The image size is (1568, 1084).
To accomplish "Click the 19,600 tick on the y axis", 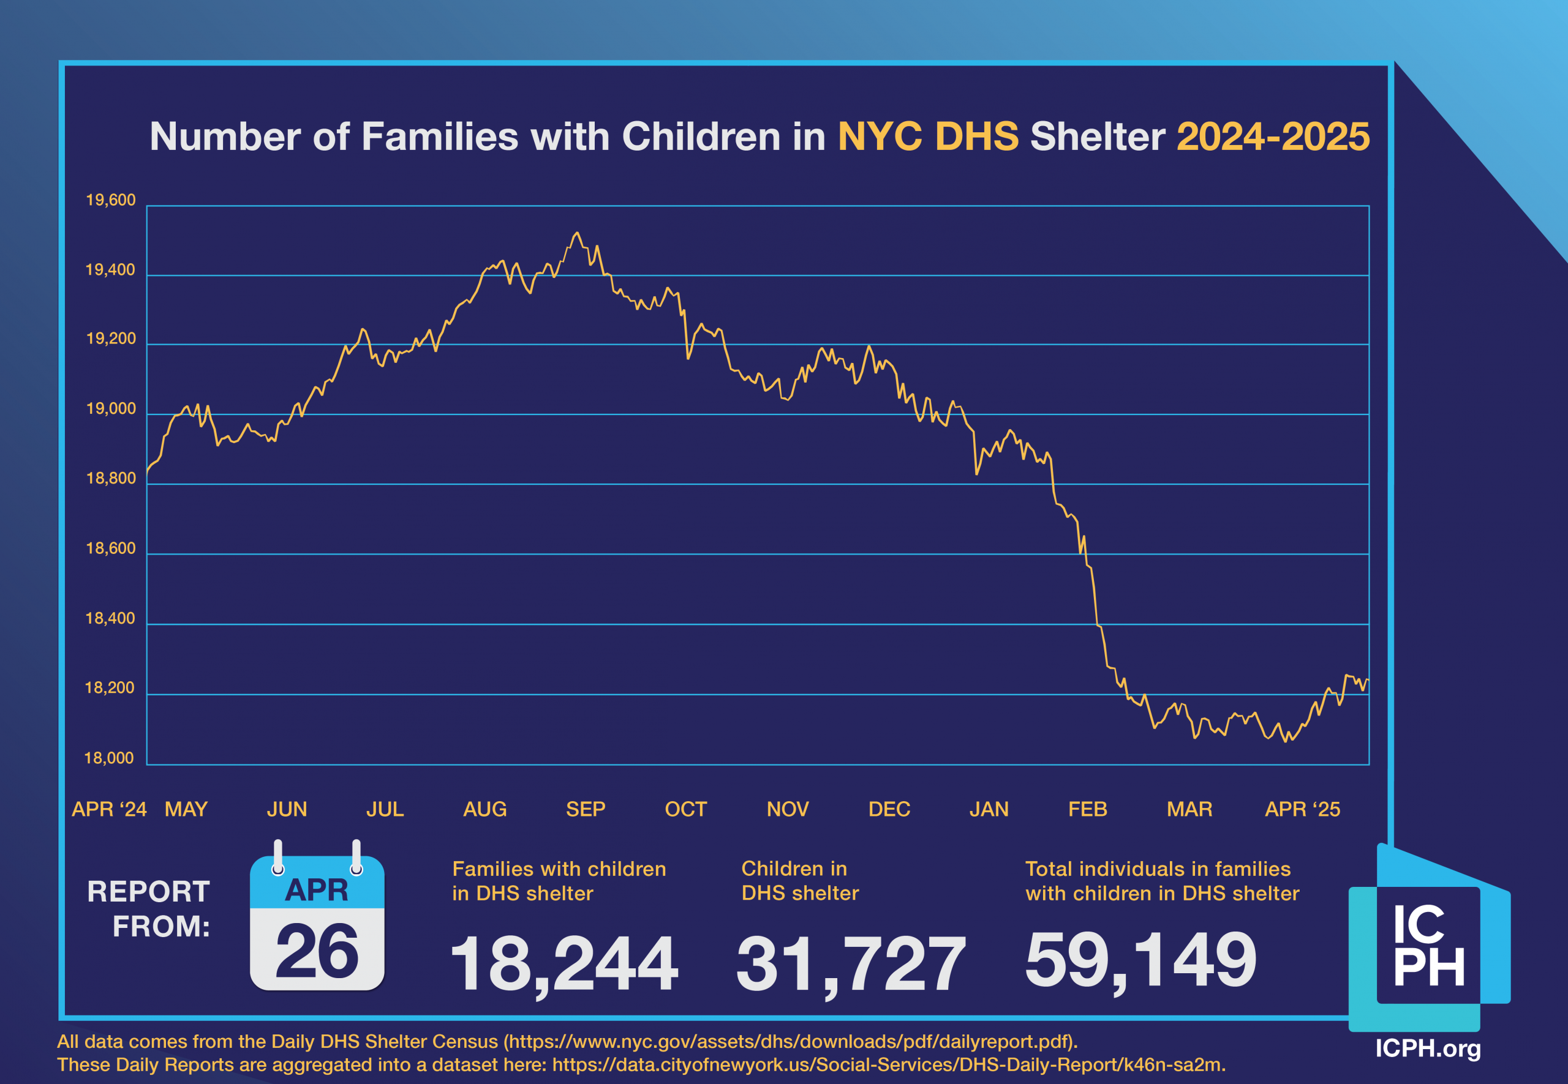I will coord(110,200).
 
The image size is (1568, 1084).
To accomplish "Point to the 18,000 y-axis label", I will coord(109,758).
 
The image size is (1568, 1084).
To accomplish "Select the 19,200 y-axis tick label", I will coord(110,339).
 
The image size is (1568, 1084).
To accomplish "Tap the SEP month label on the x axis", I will coord(585,809).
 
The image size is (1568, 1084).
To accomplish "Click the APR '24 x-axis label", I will coord(109,809).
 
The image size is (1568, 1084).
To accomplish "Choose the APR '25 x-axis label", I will coord(1302,809).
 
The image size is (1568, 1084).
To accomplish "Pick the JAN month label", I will coord(988,809).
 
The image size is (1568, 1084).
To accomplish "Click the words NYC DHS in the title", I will coord(928,136).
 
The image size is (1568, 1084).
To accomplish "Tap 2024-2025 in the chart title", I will coord(1272,136).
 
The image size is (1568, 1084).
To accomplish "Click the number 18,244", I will coord(563,963).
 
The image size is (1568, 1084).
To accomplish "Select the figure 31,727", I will coord(850,963).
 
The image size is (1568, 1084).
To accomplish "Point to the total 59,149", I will coord(1140,959).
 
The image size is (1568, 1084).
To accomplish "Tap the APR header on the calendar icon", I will coord(317,890).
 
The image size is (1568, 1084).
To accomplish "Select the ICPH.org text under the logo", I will coord(1427,1048).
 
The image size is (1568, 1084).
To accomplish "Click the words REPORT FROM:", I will coord(149,909).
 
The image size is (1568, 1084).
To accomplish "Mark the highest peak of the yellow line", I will coord(577,233).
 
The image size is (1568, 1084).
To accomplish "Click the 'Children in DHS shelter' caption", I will coord(800,880).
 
